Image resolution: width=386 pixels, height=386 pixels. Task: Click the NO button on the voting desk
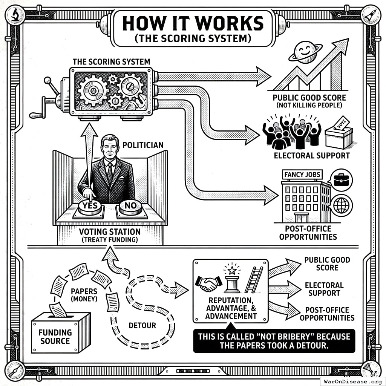pos(130,207)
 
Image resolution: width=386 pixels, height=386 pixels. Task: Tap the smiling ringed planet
pos(305,52)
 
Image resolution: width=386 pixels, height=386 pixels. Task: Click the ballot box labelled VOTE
pos(339,135)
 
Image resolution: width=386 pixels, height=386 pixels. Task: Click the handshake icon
pos(208,283)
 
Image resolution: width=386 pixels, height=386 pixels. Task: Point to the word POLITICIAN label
pos(143,145)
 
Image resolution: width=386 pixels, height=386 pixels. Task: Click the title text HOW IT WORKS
pos(193,24)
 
